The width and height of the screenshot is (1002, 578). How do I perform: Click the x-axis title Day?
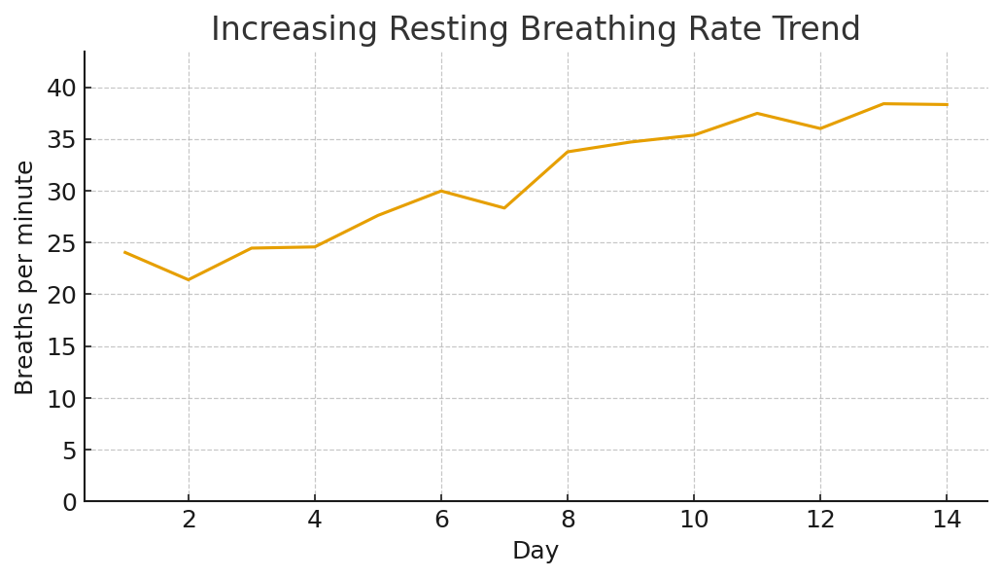[x=536, y=552]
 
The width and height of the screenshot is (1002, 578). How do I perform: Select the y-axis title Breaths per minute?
[x=25, y=277]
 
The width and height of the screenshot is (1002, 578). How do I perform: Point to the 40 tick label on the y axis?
[x=62, y=89]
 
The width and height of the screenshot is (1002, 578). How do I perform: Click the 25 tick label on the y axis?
[x=62, y=243]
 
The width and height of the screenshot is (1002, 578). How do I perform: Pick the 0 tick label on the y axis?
[x=69, y=502]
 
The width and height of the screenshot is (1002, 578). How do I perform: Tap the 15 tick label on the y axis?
[x=62, y=347]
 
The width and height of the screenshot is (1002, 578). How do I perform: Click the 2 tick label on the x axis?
[x=189, y=521]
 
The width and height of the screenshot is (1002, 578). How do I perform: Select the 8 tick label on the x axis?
[x=568, y=521]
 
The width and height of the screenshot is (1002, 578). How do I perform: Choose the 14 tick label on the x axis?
[x=947, y=521]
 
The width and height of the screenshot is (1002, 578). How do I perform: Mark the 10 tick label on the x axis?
[x=694, y=521]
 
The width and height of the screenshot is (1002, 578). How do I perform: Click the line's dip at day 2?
[x=189, y=280]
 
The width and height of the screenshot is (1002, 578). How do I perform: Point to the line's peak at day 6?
[x=441, y=191]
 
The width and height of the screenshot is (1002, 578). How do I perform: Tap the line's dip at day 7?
[x=504, y=208]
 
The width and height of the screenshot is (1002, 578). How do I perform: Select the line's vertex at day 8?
[x=568, y=152]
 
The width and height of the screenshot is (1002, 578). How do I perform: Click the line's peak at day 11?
[x=757, y=113]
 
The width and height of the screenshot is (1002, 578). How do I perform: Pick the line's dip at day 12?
[x=820, y=128]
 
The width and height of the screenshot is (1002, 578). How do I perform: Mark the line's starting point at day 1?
[x=125, y=252]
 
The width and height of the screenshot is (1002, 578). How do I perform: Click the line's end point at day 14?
[x=947, y=105]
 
